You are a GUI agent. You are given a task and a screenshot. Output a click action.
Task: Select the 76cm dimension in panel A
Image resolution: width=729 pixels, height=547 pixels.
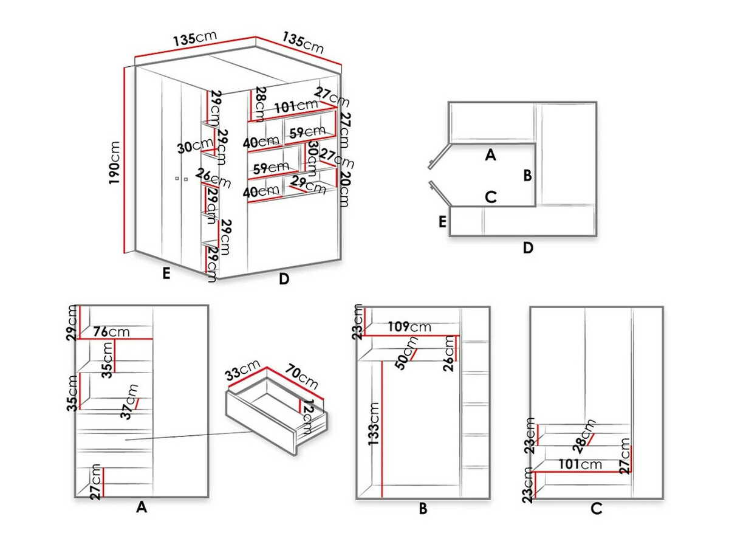(111, 332)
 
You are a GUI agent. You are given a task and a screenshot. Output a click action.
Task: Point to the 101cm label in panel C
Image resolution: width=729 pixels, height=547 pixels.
(581, 465)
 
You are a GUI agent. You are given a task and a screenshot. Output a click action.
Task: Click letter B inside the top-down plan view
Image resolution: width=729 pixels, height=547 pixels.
(527, 176)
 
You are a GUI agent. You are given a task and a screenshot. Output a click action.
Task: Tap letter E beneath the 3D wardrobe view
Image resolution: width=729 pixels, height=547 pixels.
(165, 275)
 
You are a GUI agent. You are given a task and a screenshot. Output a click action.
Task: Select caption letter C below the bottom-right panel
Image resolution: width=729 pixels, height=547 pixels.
(596, 509)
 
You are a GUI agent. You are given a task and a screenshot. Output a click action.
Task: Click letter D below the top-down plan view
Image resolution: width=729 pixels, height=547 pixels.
(527, 248)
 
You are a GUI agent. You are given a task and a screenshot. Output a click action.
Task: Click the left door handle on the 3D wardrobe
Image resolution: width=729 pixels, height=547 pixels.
(176, 179)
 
